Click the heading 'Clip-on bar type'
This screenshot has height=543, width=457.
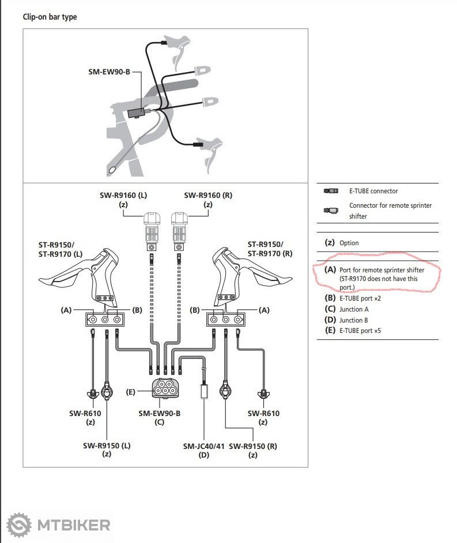[x=50, y=17]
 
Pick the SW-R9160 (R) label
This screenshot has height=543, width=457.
[x=208, y=195]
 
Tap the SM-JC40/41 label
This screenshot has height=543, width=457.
[x=204, y=446]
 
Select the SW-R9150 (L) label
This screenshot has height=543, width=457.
[x=107, y=445]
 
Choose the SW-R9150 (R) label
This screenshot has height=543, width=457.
[x=252, y=446]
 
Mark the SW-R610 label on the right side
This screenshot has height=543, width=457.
[x=263, y=413]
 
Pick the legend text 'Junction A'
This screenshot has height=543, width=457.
[x=354, y=309]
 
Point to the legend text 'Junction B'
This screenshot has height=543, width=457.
[x=354, y=320]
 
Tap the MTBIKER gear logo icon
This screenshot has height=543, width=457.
[x=19, y=525]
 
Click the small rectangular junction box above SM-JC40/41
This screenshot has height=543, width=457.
[x=204, y=391]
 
